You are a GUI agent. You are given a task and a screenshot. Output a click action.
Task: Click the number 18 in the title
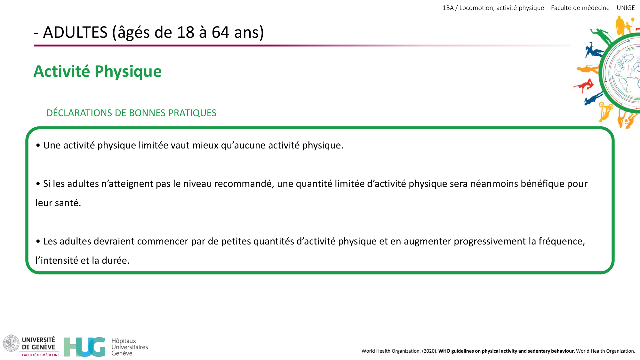pos(186,32)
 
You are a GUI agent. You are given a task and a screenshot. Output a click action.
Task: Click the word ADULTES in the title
pos(75,32)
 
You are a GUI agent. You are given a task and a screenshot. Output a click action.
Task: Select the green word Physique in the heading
pos(128,71)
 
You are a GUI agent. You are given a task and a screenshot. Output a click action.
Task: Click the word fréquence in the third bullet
pos(561,241)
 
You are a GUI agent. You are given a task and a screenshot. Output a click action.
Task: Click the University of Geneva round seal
pos(11,343)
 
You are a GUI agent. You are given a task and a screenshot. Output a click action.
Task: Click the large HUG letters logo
pos(85,347)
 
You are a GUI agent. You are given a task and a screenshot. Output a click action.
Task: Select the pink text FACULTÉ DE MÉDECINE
pos(41,355)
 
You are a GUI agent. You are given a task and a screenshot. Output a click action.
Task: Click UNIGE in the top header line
pos(626,8)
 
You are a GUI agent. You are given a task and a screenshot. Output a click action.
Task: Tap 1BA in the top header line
pos(448,8)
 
